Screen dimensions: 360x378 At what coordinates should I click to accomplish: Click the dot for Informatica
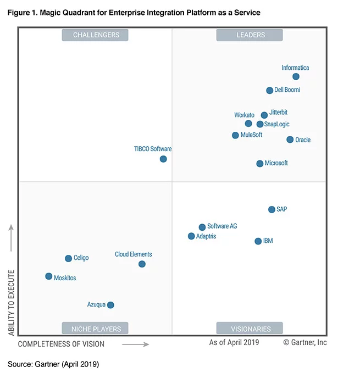pos(296,77)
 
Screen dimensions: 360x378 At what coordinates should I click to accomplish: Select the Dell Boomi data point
pos(269,91)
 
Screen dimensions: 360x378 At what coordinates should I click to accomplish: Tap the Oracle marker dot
pos(290,140)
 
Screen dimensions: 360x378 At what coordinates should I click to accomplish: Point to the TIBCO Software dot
pos(163,159)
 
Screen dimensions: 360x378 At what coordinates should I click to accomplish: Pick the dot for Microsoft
pos(259,164)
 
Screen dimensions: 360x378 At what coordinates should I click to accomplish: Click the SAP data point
pos(272,209)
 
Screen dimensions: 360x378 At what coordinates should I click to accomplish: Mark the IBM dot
pos(258,241)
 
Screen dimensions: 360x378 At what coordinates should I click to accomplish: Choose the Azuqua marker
pos(110,305)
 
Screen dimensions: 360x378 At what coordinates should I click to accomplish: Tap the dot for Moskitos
pos(49,276)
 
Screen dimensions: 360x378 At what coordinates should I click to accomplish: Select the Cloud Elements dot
pos(142,264)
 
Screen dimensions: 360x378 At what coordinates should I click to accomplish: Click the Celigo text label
pos(81,258)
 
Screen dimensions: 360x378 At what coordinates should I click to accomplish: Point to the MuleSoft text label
pos(251,135)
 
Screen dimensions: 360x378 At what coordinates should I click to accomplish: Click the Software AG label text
pos(222,226)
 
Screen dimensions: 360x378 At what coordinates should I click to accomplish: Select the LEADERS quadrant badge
pos(250,35)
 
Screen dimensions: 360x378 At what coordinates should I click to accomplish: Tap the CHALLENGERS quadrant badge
pos(95,35)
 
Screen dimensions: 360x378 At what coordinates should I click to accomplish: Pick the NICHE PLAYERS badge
pos(95,328)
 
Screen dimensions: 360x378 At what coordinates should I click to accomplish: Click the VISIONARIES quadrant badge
pos(250,328)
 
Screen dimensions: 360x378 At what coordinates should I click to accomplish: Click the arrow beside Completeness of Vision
pos(136,344)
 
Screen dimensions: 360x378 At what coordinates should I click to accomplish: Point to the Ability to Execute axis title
pos(12,303)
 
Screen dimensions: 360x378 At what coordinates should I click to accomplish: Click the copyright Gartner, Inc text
pos(305,342)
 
